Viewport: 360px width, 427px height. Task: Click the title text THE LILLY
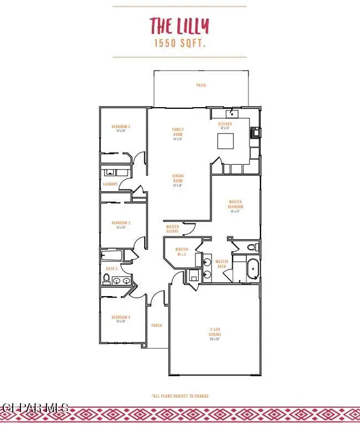[179, 25]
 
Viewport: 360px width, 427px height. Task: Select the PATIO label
[201, 86]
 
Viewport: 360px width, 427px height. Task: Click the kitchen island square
[225, 141]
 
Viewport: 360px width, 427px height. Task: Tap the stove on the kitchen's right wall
[256, 133]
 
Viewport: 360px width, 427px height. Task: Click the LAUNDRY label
[110, 184]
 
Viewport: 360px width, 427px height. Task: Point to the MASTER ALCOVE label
[173, 229]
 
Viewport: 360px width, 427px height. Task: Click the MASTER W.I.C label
[182, 252]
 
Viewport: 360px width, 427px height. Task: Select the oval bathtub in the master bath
[253, 268]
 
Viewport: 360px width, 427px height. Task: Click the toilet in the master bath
[252, 247]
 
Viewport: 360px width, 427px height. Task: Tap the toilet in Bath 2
[106, 279]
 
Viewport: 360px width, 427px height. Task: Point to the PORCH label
[157, 325]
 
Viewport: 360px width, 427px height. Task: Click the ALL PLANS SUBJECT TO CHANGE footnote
[180, 396]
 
